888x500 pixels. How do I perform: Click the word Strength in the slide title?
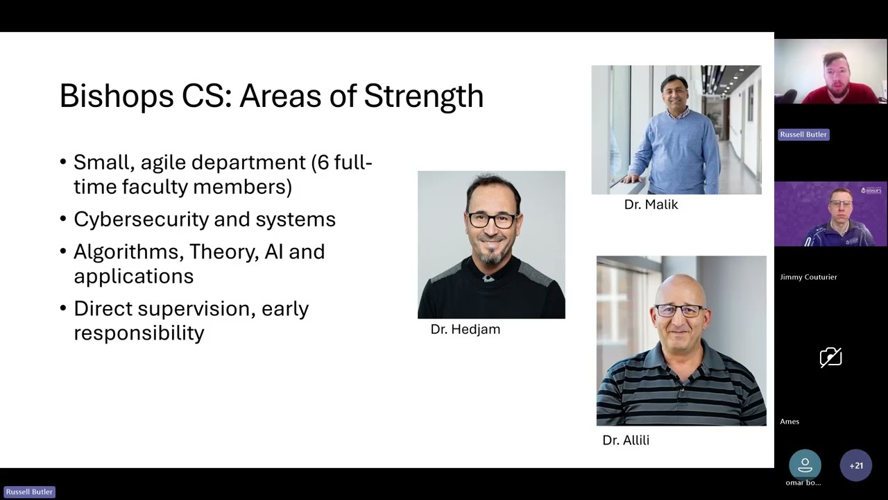pos(424,96)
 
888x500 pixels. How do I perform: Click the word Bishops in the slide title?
pos(117,96)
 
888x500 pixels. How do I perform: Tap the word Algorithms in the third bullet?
pos(128,251)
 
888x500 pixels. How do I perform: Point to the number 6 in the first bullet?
pos(323,162)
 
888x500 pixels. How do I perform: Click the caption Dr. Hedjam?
pos(466,329)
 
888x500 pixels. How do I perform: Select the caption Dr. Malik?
pos(651,205)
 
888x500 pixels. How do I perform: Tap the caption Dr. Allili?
pos(626,440)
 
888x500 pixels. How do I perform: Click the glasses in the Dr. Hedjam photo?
pos(493,220)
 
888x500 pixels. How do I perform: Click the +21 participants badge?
pos(856,465)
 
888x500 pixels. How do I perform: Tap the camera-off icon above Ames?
pos(831,357)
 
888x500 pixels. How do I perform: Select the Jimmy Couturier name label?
pos(808,277)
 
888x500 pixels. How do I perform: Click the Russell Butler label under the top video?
pos(803,135)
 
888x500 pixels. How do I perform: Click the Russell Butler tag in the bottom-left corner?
pos(29,492)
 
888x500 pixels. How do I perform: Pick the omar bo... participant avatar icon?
pos(805,465)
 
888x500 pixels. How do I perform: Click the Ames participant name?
pos(789,422)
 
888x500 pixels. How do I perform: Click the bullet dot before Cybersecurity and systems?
pos(63,219)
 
